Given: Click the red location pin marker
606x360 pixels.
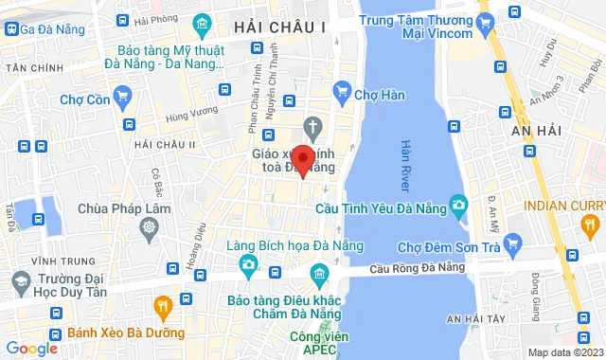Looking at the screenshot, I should (302, 159).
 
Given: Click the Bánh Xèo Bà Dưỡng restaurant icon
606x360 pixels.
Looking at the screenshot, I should (162, 306).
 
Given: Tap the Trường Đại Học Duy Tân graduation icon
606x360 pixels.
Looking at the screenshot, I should (19, 281).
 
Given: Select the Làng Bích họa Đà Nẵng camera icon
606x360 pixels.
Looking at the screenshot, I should (248, 262).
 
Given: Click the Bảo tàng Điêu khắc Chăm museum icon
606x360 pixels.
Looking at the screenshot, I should (319, 277).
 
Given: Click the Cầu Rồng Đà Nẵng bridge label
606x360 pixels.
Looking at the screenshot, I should (418, 267).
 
